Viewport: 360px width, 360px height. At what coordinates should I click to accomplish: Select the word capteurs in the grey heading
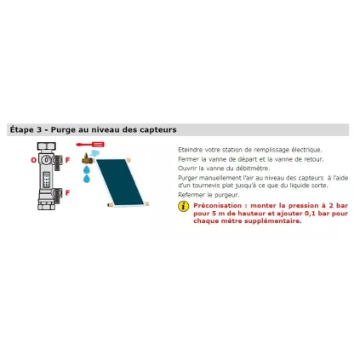pos(160,129)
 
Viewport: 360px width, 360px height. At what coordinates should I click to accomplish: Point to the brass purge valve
pos(86,157)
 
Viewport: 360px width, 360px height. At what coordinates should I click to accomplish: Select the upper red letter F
pos(67,159)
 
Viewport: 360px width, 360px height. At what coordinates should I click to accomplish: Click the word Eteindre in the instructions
pos(187,149)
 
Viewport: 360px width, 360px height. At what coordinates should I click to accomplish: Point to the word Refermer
pos(189,195)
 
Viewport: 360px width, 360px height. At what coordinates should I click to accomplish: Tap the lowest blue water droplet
pos(86,180)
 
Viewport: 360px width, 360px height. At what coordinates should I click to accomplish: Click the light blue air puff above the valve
pos(96,153)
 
